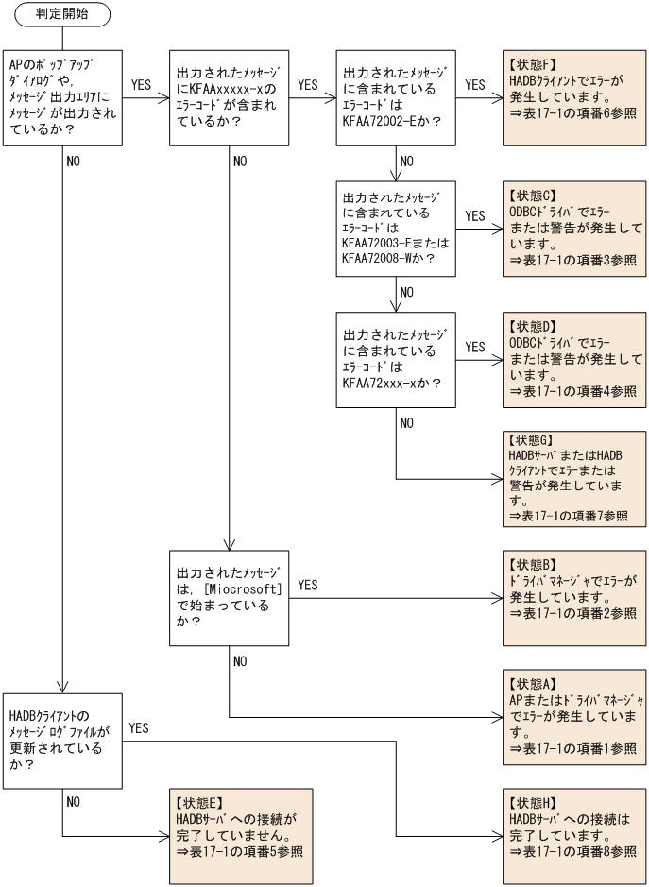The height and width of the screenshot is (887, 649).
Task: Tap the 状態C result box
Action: (x=574, y=228)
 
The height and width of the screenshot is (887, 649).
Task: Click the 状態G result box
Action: (x=574, y=478)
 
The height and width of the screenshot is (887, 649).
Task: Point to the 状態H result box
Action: (x=574, y=837)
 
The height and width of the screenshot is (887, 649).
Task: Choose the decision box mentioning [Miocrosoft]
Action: (x=229, y=598)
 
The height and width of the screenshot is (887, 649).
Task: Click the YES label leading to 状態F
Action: (x=476, y=85)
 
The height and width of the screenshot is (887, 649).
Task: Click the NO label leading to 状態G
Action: (x=406, y=422)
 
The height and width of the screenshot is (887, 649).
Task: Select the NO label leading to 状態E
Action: (x=74, y=801)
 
